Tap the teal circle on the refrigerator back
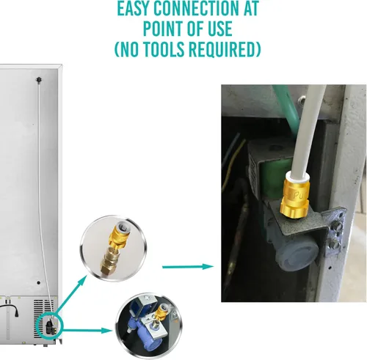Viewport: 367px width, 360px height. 49,323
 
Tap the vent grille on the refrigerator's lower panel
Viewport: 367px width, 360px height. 22,301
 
